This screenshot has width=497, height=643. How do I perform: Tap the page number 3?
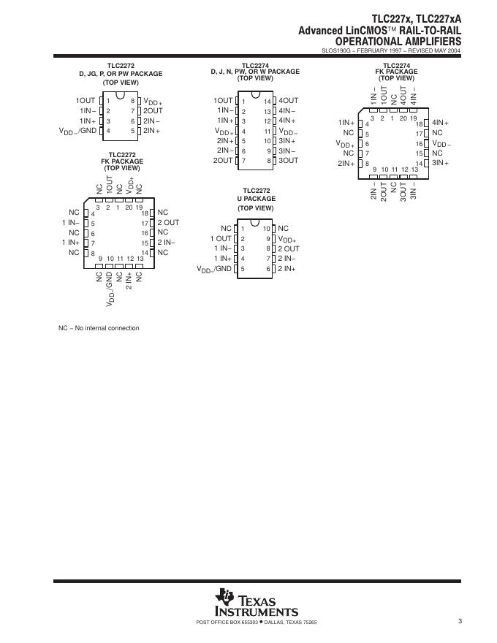click(x=460, y=621)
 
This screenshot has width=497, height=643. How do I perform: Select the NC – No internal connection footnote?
click(x=99, y=328)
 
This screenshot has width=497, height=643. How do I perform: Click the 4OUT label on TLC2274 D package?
click(x=289, y=100)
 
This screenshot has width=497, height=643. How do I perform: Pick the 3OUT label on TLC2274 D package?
click(x=289, y=160)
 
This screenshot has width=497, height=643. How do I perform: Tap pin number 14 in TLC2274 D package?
click(x=268, y=101)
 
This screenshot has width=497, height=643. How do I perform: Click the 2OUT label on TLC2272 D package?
click(x=153, y=110)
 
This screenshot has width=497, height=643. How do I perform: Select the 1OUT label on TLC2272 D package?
click(x=86, y=100)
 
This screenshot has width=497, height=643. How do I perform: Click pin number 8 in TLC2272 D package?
click(x=132, y=101)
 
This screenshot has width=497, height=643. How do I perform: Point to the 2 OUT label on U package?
click(x=289, y=248)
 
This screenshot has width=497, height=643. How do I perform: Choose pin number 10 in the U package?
click(x=268, y=229)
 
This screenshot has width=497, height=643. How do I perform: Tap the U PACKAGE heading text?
click(x=256, y=199)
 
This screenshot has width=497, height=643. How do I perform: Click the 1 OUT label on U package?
click(x=221, y=238)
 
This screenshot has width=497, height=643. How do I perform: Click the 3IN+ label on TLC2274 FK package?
click(x=440, y=163)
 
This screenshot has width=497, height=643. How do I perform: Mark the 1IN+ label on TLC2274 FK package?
click(x=346, y=123)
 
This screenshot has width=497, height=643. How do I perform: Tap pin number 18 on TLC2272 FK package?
click(x=145, y=213)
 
